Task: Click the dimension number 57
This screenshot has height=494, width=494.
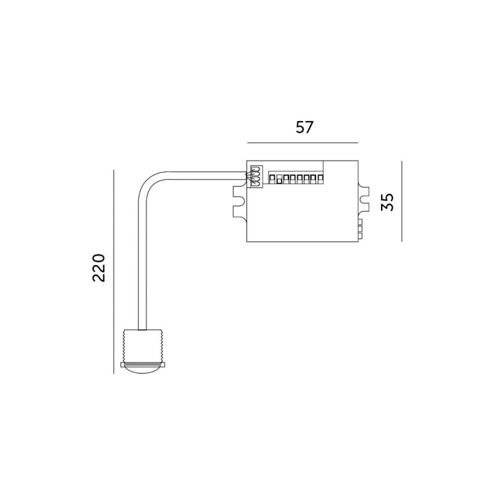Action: [304, 127]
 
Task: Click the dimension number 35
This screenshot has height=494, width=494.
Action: [387, 202]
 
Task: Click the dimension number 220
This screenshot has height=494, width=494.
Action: [98, 267]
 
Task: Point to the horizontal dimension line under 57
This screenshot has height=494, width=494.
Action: [303, 143]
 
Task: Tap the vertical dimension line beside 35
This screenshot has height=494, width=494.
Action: [402, 201]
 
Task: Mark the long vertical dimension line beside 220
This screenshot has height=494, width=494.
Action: [114, 272]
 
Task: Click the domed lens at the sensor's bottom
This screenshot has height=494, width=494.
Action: [143, 370]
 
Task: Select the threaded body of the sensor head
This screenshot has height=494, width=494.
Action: [143, 346]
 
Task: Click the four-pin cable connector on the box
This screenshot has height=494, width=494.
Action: [256, 177]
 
